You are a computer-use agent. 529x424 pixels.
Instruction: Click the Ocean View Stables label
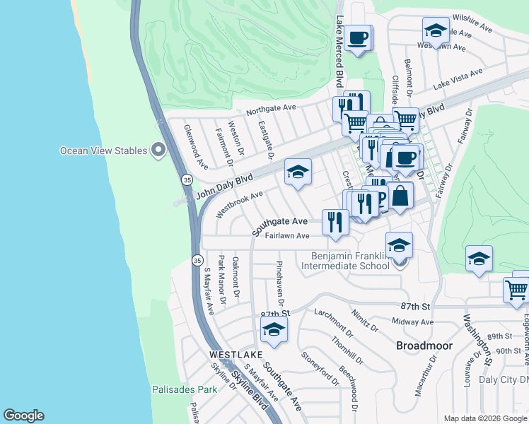(x=103, y=151)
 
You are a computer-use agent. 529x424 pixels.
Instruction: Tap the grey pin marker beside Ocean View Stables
(x=158, y=151)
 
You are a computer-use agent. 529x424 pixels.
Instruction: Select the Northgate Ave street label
(x=271, y=110)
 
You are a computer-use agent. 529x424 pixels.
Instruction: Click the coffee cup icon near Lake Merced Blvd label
(x=358, y=37)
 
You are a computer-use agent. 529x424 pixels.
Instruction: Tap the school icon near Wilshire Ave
(x=436, y=30)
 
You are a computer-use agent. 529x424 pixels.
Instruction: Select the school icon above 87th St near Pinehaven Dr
(x=274, y=329)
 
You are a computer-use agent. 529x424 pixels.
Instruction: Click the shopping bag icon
(x=400, y=195)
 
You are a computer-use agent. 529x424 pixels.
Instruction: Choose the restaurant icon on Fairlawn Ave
(x=335, y=222)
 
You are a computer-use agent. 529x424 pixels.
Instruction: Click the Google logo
(x=23, y=416)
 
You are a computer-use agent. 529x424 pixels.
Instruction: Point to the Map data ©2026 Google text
(x=484, y=418)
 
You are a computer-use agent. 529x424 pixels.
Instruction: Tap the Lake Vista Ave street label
(x=458, y=78)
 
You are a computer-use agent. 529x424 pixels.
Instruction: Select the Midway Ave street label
(x=412, y=322)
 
